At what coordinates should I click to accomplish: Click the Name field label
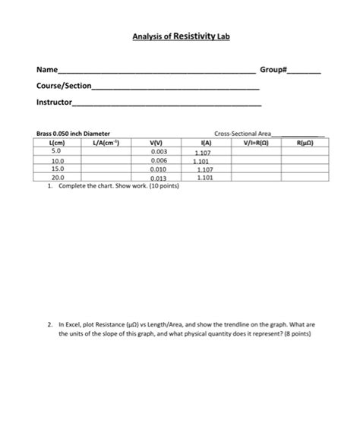[x=46, y=70]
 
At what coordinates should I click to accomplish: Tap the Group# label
[x=273, y=70]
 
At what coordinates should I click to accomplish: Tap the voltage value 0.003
[x=159, y=152]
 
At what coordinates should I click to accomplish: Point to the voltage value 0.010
[x=159, y=169]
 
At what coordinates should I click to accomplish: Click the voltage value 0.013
[x=159, y=178]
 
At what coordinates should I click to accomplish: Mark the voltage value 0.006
[x=159, y=161]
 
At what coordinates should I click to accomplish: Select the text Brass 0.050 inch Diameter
[x=74, y=134]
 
